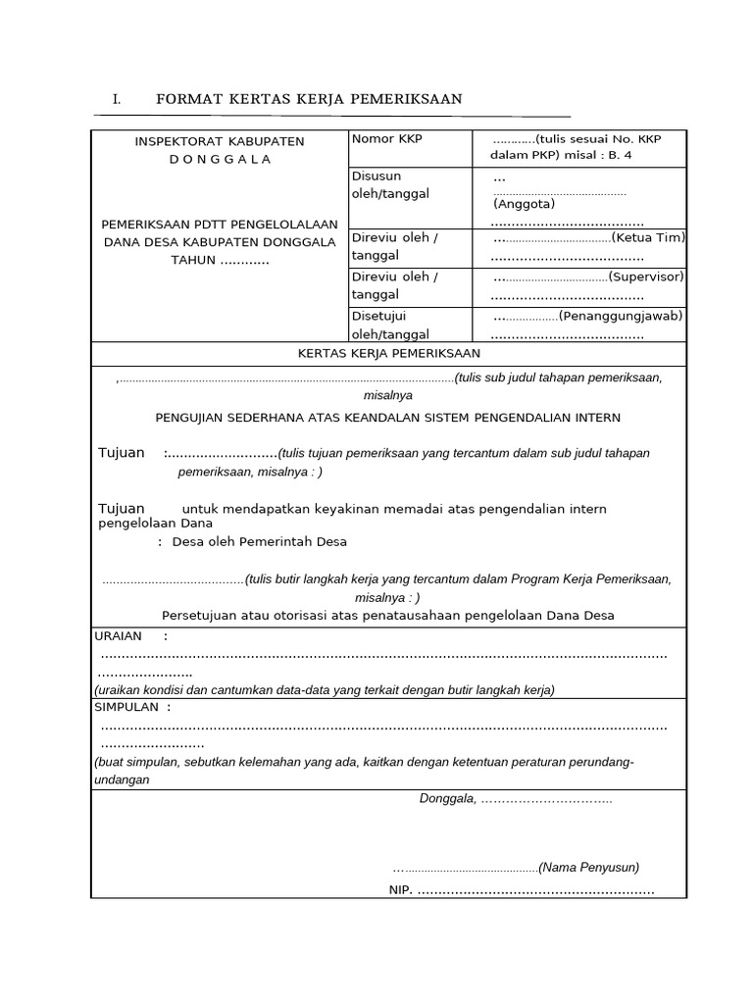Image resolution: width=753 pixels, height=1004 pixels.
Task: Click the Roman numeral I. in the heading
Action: point(116,99)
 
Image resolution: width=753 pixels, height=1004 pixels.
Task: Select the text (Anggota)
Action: point(525,204)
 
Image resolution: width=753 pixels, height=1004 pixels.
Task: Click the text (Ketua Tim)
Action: point(648,237)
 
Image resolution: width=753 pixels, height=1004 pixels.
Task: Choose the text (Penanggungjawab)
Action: point(621,316)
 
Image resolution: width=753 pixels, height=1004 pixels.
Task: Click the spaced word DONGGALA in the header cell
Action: point(220,159)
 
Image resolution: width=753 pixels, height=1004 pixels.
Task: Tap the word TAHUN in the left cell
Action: point(191,260)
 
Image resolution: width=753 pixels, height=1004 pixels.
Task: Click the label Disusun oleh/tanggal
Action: point(390,185)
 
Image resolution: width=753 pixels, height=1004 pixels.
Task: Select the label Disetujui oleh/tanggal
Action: point(390,325)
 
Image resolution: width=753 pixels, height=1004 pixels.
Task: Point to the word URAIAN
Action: point(118,635)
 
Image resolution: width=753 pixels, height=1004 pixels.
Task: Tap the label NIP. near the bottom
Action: point(401,890)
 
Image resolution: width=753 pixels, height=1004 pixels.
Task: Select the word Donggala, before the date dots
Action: point(448,798)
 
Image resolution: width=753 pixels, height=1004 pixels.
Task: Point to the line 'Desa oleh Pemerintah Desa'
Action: point(259,541)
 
